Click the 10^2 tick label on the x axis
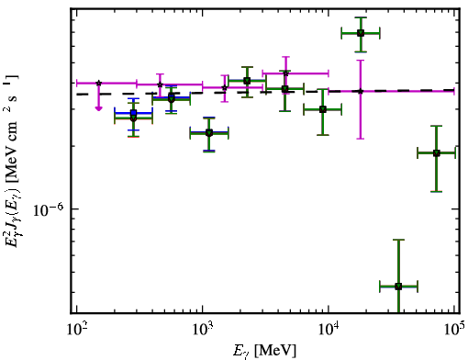coord(77,330)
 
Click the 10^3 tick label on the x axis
coord(203,330)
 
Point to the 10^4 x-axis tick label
coord(329,330)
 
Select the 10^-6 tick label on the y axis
coord(48,209)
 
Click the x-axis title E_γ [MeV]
coord(264,351)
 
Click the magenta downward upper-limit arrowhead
coord(98,108)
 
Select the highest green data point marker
coord(361,33)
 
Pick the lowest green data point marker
coord(398,287)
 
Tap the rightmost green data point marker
coord(437,153)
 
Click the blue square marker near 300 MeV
coord(133,113)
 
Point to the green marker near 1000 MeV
coord(209,133)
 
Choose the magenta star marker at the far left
coord(98,83)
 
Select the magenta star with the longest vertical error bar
coord(361,91)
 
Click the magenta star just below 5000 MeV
coord(285,73)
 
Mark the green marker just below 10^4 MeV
coord(323,109)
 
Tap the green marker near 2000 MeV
coord(247,81)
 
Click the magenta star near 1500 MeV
coord(225,88)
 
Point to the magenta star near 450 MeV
coord(160,84)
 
